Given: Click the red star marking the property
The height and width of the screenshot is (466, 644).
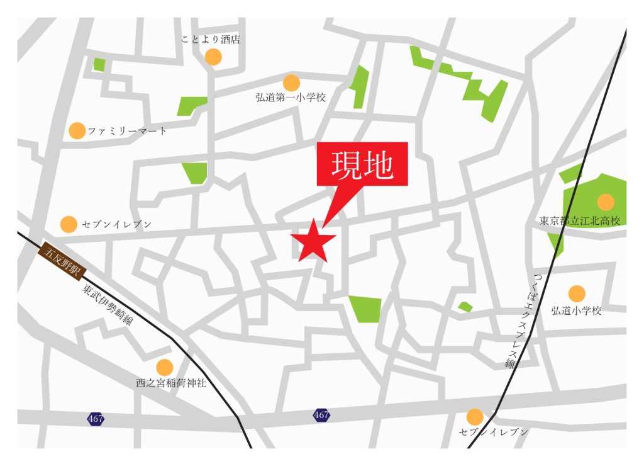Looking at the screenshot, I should point(313,241).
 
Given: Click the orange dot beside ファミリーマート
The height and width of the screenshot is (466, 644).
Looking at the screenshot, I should point(77,131).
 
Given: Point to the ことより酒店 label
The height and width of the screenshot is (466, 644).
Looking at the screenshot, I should point(210,40).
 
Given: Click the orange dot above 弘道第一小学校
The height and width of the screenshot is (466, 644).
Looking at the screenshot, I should point(291,82).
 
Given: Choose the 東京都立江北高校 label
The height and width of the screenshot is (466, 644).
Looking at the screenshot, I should point(580,221).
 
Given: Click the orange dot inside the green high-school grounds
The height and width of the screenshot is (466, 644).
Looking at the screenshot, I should point(605,202).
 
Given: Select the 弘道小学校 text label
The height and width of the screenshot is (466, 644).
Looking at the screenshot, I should point(576,310).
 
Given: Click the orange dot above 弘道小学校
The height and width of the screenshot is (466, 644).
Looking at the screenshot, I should point(577,293).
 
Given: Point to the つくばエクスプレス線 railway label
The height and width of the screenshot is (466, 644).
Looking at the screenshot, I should point(526,321).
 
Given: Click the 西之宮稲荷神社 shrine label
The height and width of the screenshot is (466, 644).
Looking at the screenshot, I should point(170,382).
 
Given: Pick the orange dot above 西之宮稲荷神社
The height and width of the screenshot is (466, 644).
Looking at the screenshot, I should point(164,367).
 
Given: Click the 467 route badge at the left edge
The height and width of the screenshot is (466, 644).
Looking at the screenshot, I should point(96,418).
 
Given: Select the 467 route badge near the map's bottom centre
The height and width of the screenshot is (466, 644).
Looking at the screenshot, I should point(321,415).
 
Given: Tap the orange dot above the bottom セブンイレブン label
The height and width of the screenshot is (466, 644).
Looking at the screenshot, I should point(475,416).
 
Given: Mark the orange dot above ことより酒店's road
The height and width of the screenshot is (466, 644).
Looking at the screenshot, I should point(213,57).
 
